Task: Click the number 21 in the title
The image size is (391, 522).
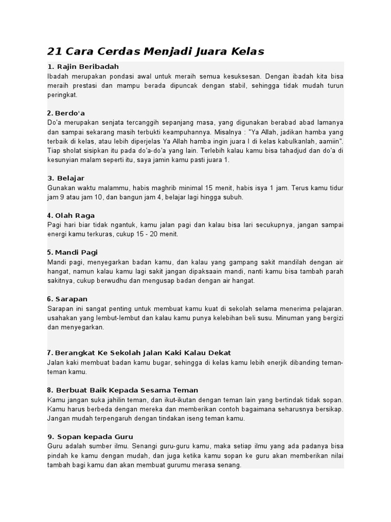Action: point(54,51)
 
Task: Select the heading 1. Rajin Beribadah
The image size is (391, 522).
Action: point(83,67)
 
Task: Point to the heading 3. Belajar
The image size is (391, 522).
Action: point(66,178)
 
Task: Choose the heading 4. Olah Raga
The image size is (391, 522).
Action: point(71,215)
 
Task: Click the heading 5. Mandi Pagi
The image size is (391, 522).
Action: point(72,252)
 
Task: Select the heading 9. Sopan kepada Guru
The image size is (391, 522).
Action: point(90,436)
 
